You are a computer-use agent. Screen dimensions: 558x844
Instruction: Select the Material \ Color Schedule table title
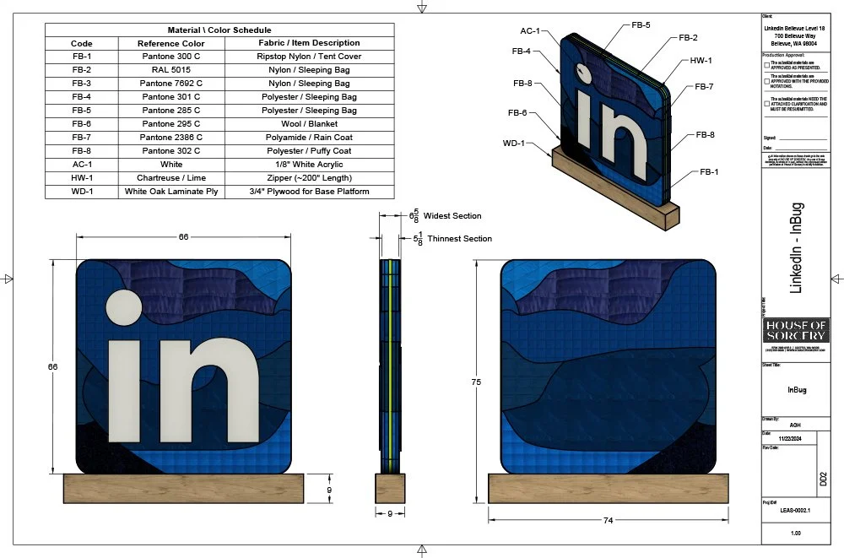(x=219, y=30)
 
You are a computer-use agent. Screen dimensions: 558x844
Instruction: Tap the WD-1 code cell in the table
(x=82, y=192)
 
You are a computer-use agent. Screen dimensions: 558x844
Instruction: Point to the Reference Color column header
(x=171, y=43)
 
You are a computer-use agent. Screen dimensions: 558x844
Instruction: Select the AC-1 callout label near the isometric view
(x=529, y=30)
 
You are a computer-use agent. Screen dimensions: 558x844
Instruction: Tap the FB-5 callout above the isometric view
(x=641, y=25)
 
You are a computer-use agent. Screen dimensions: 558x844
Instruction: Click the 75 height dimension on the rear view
(x=477, y=382)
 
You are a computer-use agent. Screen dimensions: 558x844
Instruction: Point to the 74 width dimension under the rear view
(x=608, y=522)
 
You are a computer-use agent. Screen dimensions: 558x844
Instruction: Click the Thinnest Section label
(x=459, y=239)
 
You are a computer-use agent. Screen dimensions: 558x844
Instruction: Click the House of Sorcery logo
(x=796, y=330)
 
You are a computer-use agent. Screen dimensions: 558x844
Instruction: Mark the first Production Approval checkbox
(x=766, y=64)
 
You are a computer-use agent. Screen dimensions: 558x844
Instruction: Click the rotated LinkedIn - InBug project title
(x=796, y=248)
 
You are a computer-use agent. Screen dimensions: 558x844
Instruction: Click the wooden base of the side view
(x=391, y=489)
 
